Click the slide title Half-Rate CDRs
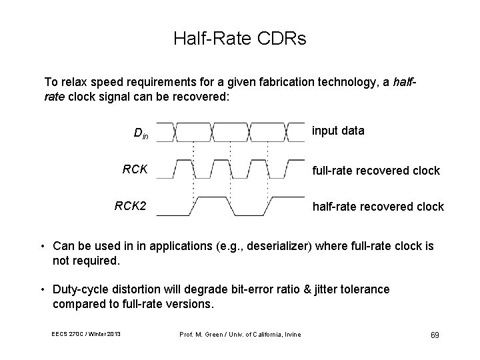tap(240, 39)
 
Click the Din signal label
tap(141, 133)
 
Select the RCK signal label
tap(135, 169)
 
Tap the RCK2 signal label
tap(131, 205)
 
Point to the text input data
tap(338, 131)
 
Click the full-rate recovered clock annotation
tap(376, 171)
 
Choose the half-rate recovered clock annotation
tap(378, 207)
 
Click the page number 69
tap(433, 334)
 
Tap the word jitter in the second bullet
tap(329, 289)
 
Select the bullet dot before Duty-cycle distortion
tap(43, 289)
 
